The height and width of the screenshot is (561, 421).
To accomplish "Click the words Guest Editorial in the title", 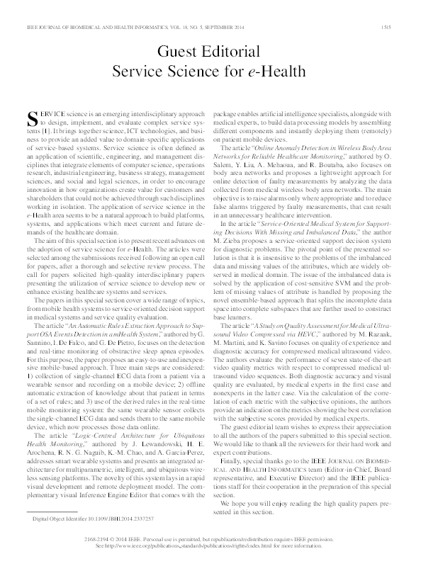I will tap(210, 52).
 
